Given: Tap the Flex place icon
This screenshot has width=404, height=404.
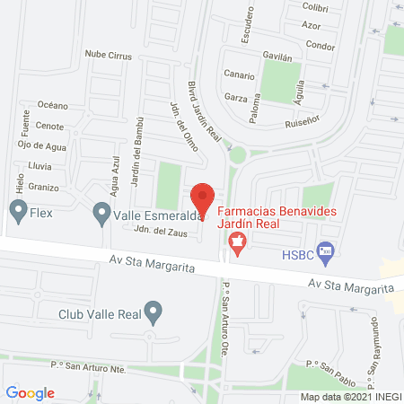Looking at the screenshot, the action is (x=17, y=213).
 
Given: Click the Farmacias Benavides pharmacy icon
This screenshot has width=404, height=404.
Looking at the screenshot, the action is (x=237, y=240).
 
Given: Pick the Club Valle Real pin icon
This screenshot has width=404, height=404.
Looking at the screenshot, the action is (x=154, y=314).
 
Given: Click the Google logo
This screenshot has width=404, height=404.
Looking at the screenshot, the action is (x=30, y=392).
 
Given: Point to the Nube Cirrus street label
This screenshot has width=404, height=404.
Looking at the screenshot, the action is (x=109, y=56).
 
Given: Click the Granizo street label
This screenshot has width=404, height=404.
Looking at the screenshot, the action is (x=43, y=187).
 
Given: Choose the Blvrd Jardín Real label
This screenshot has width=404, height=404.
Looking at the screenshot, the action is (x=204, y=110).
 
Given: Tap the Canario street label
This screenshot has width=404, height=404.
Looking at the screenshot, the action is (x=238, y=75).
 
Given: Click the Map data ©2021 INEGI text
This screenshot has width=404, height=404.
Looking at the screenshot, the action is (x=349, y=397).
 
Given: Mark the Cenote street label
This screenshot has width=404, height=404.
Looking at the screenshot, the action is (x=49, y=126).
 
